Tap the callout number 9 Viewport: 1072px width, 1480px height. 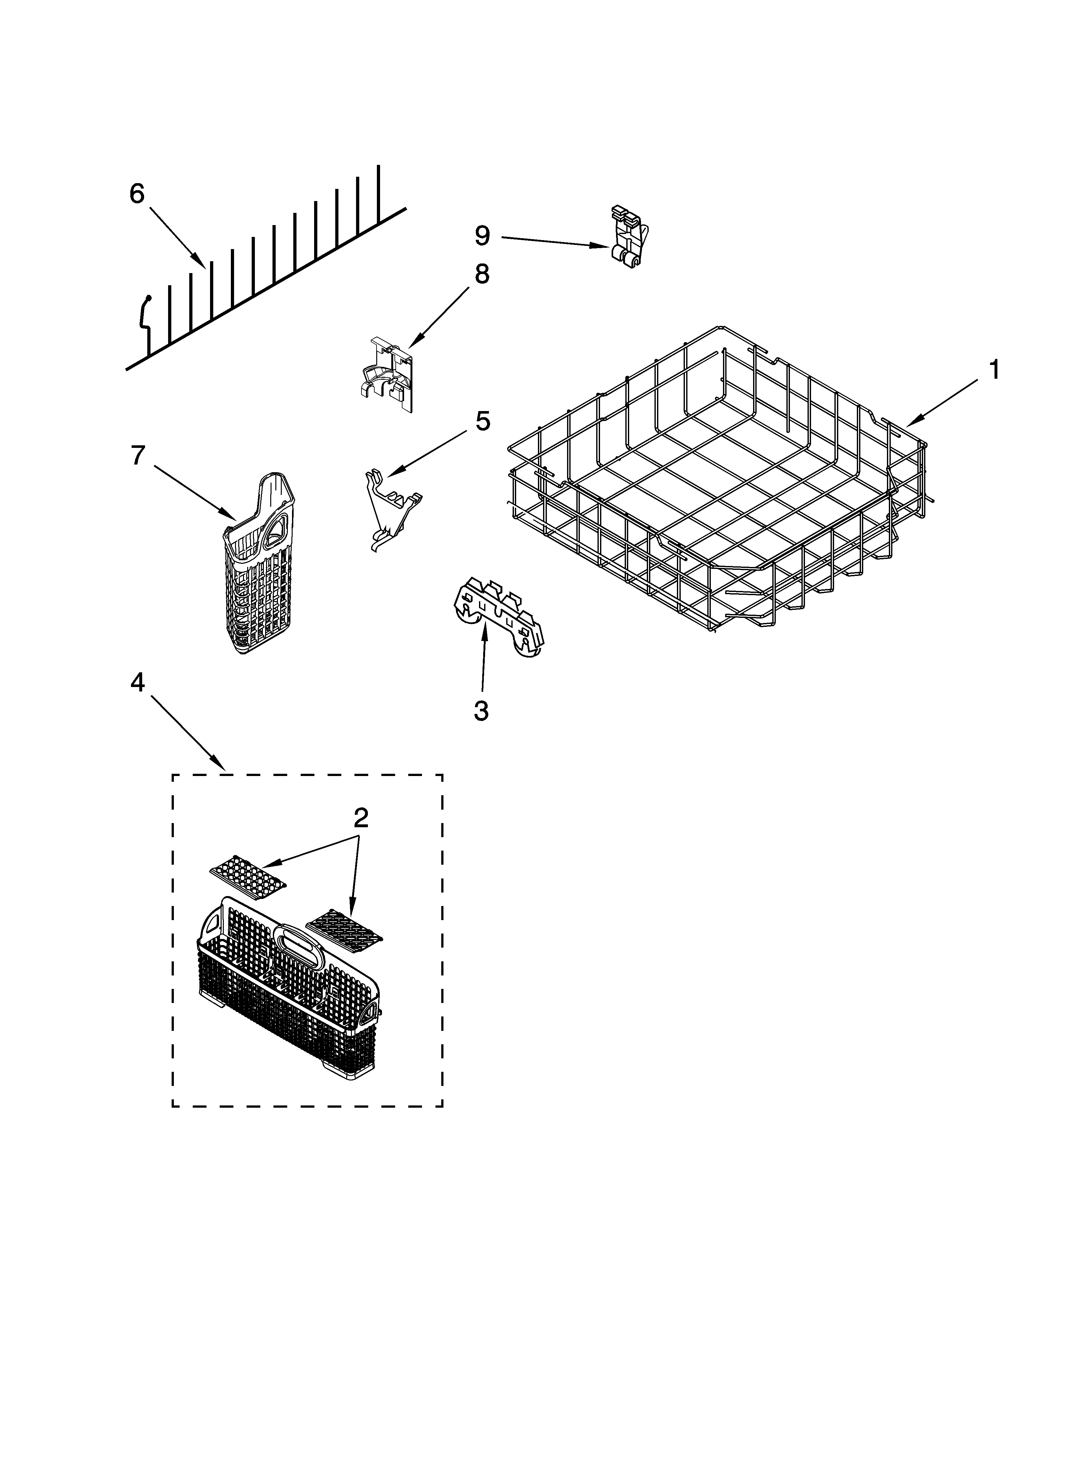pyautogui.click(x=482, y=236)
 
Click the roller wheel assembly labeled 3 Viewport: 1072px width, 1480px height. pyautogui.click(x=498, y=617)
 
